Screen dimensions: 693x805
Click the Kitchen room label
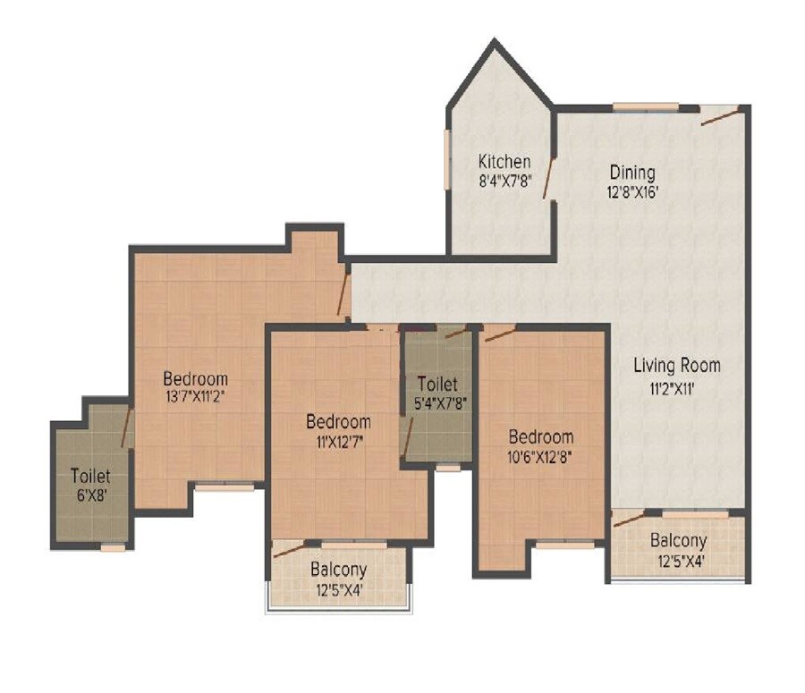(504, 162)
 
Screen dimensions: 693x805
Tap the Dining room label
(632, 172)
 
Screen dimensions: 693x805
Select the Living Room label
(676, 365)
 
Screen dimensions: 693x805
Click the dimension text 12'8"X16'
(632, 190)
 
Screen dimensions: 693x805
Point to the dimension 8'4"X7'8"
(504, 180)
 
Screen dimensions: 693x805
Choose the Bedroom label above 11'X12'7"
(338, 421)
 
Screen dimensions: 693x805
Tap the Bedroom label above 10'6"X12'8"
(541, 436)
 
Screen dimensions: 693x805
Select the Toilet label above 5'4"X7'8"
(438, 384)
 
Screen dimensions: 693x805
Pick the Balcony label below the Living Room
(678, 541)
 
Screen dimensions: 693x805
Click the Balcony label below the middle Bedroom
(338, 570)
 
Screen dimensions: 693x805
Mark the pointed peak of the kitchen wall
(494, 41)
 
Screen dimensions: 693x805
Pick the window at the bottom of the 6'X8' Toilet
(113, 547)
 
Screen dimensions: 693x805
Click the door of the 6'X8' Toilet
(128, 427)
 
